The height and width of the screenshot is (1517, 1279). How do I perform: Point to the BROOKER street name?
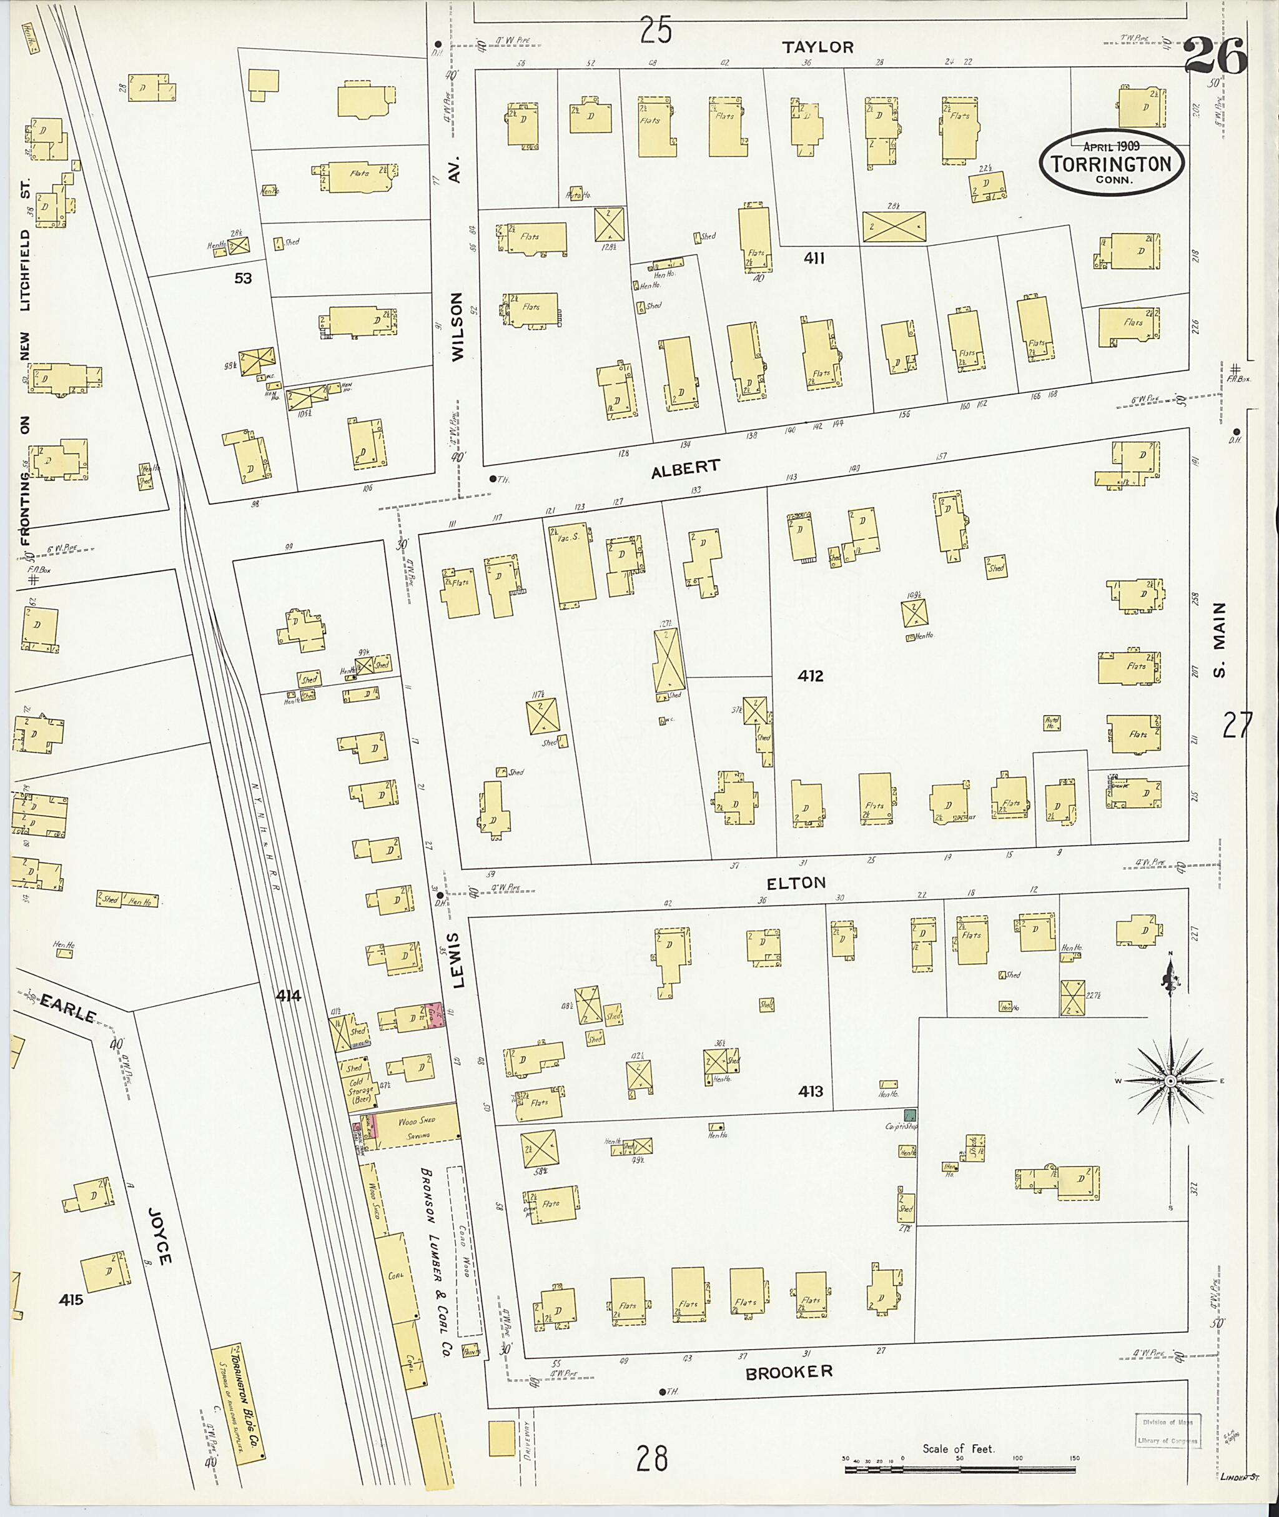pos(789,1372)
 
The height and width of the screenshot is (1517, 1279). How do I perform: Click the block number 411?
pos(814,257)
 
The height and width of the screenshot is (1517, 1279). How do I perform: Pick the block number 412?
pos(810,676)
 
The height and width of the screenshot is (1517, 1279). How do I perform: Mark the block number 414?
pos(288,996)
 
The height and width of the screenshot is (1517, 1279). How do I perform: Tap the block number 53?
pos(243,278)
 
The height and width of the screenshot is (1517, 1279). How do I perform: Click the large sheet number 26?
pos(1216,56)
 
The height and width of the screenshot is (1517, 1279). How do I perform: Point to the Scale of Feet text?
pos(958,1449)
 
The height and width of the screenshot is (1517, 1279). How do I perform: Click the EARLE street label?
pos(67,1009)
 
